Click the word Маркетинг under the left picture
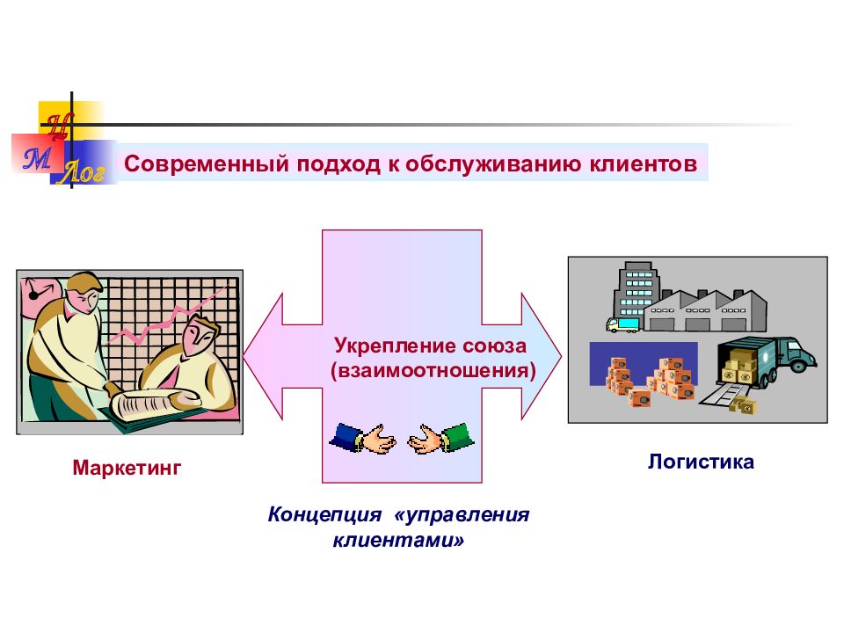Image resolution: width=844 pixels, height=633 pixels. point(127,468)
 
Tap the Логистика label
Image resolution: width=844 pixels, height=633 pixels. point(701,462)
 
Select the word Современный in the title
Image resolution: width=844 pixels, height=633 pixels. point(207,164)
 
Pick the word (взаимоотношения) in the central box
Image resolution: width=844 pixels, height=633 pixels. point(433,370)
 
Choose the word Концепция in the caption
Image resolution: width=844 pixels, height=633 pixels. point(324,514)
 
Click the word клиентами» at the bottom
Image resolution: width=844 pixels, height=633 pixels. point(398,539)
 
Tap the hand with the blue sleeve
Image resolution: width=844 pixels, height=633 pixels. point(363,438)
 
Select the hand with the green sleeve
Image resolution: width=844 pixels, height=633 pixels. point(440,438)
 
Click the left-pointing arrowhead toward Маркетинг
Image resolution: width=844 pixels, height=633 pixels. point(263,356)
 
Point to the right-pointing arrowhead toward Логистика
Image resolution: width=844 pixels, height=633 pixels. point(542,356)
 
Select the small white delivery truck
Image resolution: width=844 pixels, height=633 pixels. point(622,324)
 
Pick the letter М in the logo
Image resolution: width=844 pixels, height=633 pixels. point(37,159)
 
